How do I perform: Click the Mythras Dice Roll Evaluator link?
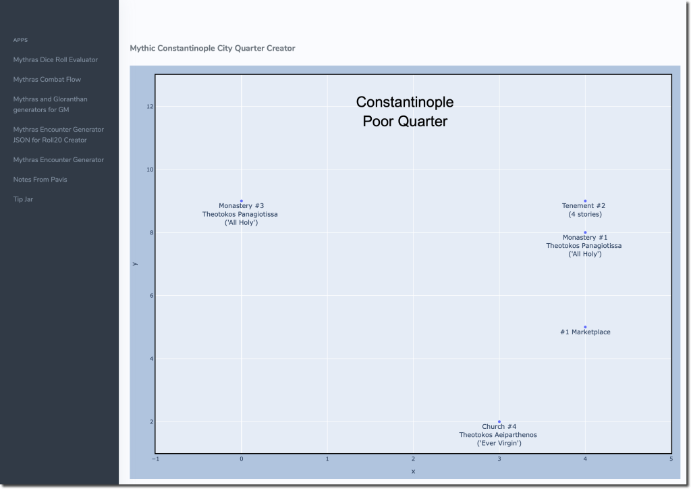(x=55, y=59)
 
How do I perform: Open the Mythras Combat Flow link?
(x=47, y=79)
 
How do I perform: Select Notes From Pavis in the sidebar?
(x=40, y=180)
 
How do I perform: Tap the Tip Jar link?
(x=23, y=199)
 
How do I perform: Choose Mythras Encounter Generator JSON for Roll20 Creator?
(x=58, y=134)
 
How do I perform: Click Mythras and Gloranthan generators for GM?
(x=50, y=104)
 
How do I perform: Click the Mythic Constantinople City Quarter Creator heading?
(x=212, y=49)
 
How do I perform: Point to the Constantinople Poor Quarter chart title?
(x=405, y=111)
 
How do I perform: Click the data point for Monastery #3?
(x=242, y=201)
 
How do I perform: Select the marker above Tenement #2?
(x=585, y=201)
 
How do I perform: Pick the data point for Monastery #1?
(x=585, y=232)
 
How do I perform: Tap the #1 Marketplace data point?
(x=585, y=327)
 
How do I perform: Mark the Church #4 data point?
(x=499, y=421)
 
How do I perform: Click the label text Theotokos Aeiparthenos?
(x=498, y=435)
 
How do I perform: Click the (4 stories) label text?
(x=585, y=214)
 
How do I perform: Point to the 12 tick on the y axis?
(x=150, y=107)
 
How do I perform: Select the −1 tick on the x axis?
(x=156, y=459)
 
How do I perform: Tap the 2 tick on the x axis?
(x=413, y=459)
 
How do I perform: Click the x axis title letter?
(x=413, y=471)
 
